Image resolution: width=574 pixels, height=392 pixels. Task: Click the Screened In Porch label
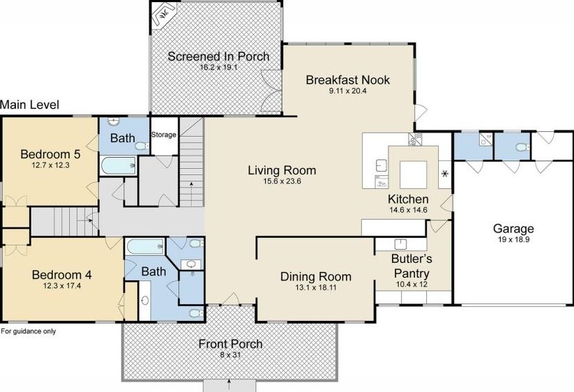click(218, 56)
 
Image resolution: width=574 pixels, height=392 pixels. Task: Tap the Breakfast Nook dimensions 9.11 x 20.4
click(348, 91)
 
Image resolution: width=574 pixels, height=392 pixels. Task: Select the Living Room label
click(282, 170)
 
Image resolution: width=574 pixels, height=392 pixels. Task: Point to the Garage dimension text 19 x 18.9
click(513, 240)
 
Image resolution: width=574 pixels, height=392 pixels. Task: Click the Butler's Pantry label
click(411, 266)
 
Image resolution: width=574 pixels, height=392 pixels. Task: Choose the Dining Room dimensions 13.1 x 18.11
click(315, 287)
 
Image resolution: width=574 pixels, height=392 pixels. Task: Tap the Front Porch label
click(231, 344)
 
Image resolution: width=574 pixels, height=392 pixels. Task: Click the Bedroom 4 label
click(62, 275)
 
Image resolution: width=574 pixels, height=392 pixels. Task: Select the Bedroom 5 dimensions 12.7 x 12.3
click(50, 165)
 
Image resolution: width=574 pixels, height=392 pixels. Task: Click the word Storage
click(164, 135)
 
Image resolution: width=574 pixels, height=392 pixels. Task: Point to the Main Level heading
click(29, 105)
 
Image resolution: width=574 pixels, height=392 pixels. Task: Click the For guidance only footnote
click(29, 331)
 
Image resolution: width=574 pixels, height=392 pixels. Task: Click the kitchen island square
click(413, 174)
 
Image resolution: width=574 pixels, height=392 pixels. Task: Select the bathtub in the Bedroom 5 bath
click(118, 165)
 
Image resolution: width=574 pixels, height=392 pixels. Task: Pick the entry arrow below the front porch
click(229, 385)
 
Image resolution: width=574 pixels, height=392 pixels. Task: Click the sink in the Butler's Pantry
click(401, 244)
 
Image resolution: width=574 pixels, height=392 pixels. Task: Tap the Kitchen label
click(408, 199)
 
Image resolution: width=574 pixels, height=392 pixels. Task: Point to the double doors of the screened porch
click(271, 91)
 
